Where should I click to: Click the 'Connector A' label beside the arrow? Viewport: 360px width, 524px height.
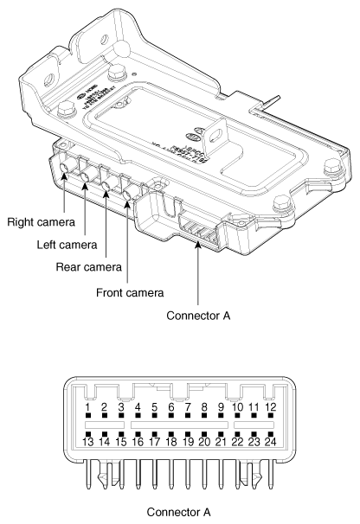pos(200,316)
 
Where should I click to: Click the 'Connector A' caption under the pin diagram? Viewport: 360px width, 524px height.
pos(179,511)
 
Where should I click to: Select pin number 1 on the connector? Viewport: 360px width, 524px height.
pos(87,406)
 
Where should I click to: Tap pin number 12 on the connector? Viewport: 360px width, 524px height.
pos(270,406)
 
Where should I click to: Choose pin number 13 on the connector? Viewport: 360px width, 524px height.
pos(87,442)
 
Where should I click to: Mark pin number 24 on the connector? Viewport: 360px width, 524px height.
pos(270,442)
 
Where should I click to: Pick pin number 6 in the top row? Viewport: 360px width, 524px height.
pos(171,406)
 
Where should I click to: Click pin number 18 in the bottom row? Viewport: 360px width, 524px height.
pos(171,442)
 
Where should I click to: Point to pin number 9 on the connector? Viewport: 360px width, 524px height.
pos(221,406)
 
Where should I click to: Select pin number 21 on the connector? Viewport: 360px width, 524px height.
pos(221,442)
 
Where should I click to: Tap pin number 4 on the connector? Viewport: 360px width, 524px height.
pos(138,406)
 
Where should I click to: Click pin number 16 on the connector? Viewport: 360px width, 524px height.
pos(138,442)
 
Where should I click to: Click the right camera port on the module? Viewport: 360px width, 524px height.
pos(65,176)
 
